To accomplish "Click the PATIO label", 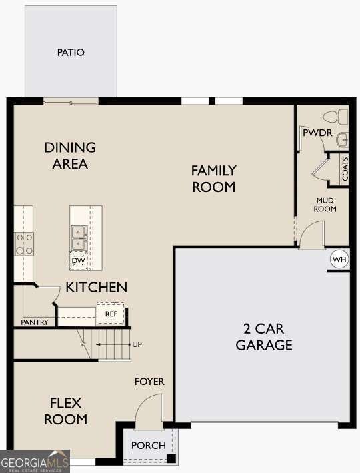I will [71, 52].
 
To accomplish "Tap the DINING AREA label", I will [70, 155].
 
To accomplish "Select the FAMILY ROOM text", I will [213, 179].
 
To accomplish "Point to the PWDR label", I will [317, 133].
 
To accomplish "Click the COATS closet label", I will [345, 169].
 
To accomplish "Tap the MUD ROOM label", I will [325, 205].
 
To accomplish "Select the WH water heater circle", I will [339, 259].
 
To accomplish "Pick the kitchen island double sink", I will [79, 233].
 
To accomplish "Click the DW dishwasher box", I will [78, 260].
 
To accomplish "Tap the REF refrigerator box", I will [111, 313].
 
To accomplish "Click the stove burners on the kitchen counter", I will [25, 244].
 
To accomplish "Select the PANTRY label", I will [34, 322].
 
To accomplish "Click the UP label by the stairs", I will [137, 344].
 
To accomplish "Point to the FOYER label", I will [149, 382].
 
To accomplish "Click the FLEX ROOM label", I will [65, 411].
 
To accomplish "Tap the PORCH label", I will [148, 445].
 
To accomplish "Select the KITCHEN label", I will [96, 288].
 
